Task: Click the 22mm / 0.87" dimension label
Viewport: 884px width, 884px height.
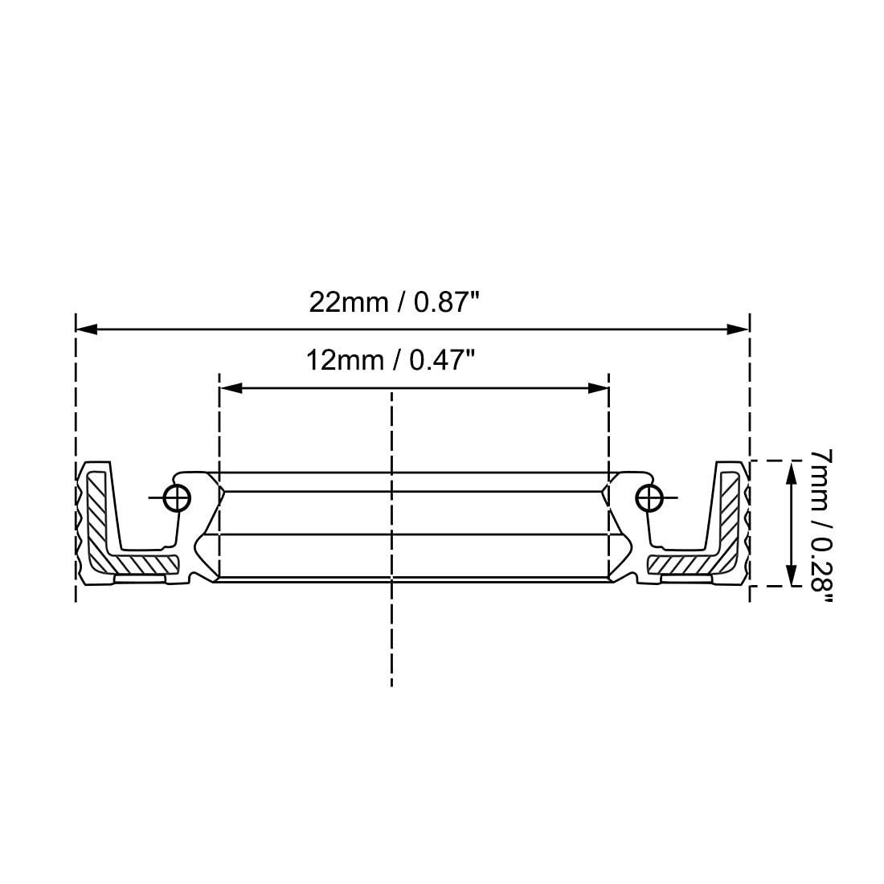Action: click(x=394, y=303)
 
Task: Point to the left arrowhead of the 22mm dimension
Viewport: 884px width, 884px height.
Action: click(x=86, y=329)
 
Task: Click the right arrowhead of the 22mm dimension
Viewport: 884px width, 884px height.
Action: click(x=738, y=329)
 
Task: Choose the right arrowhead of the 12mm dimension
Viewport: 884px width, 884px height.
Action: click(x=598, y=388)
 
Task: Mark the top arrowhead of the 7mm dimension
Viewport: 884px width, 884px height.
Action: click(x=792, y=472)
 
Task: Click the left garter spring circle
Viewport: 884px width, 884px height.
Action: click(x=177, y=497)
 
